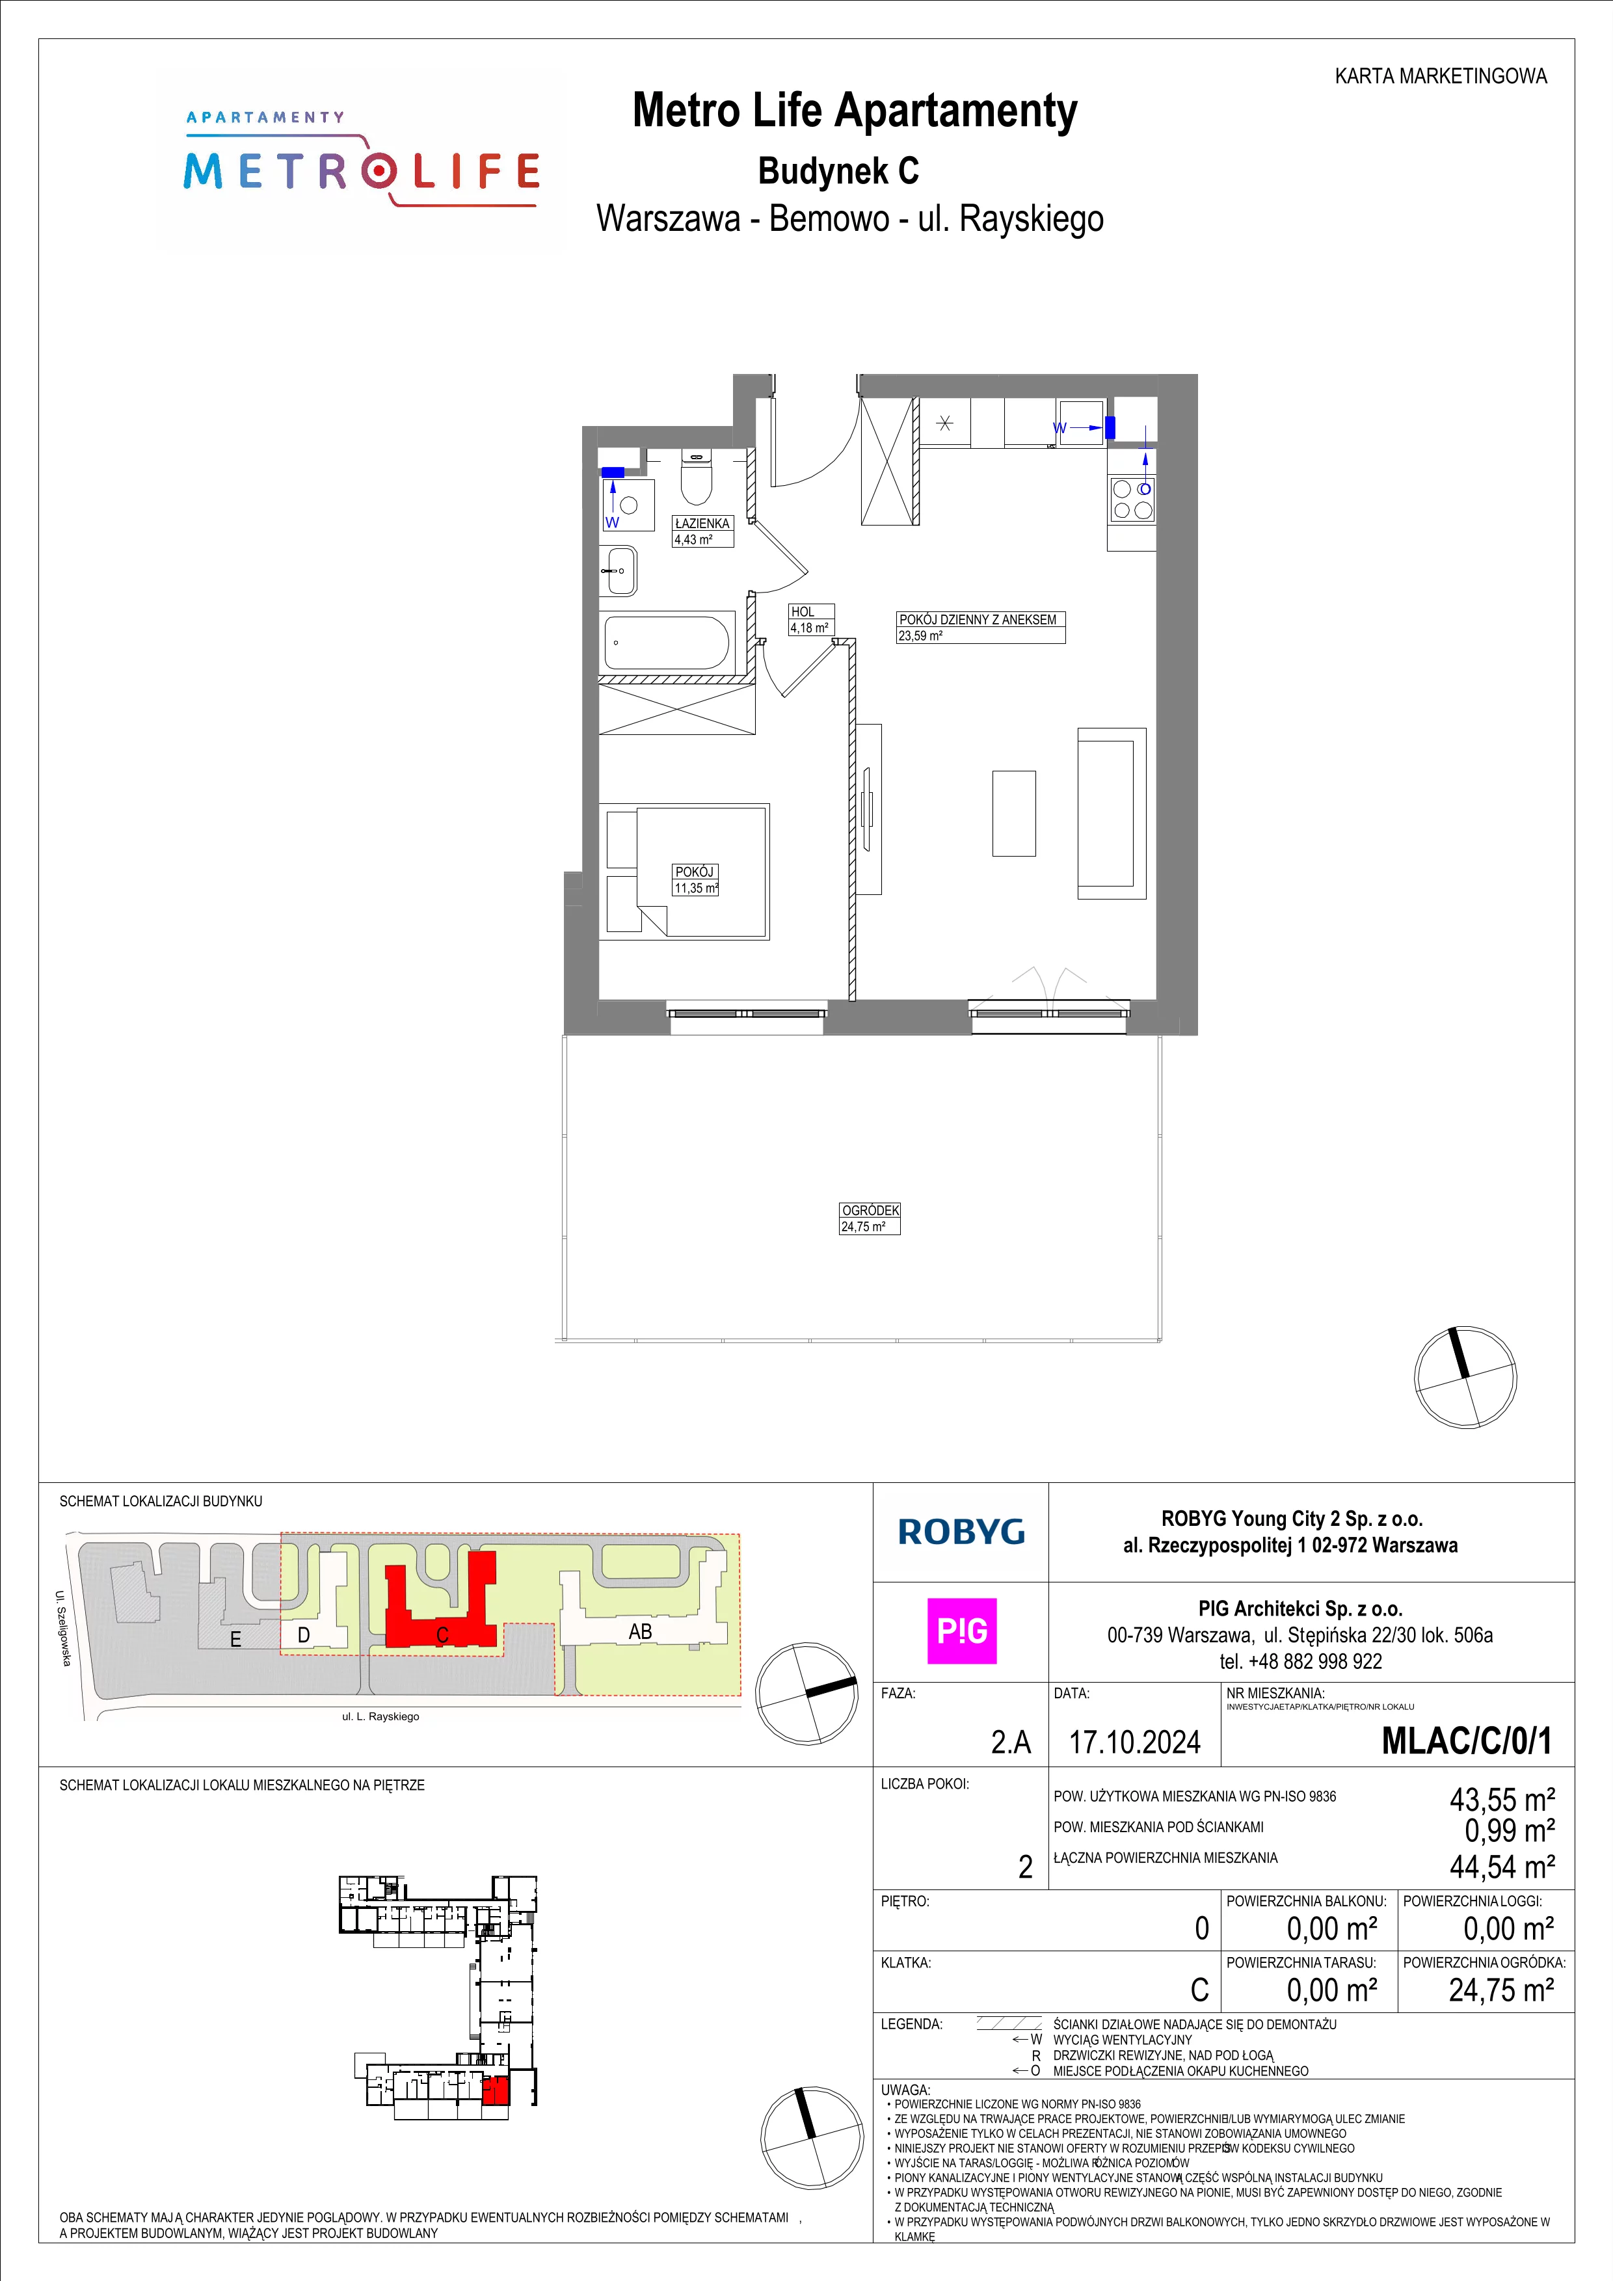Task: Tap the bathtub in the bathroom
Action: tap(667, 643)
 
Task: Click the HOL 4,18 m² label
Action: tap(810, 620)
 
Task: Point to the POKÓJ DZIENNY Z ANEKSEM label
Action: tap(978, 619)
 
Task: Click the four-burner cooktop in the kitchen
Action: tap(1132, 500)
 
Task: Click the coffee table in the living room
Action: tap(1013, 812)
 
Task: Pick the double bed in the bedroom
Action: tap(701, 870)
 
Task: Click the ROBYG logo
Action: tap(961, 1531)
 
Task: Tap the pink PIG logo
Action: tap(961, 1631)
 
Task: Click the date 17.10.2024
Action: tap(1134, 1742)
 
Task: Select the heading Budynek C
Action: tap(838, 171)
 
